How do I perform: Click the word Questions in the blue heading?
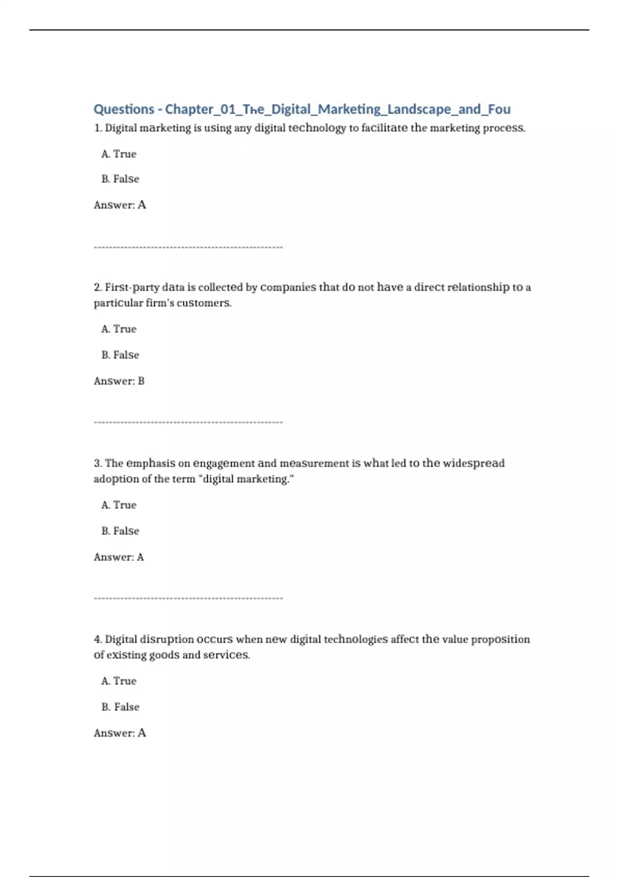coord(124,109)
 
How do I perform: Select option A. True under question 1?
coord(119,154)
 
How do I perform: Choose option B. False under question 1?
coord(120,179)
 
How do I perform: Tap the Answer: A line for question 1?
coord(120,205)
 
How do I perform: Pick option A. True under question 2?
coord(119,329)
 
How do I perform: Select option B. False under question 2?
coord(120,355)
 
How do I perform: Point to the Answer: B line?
coord(119,381)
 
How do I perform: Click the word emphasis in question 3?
coord(151,463)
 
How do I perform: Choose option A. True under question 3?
coord(119,505)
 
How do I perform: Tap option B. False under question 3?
coord(120,531)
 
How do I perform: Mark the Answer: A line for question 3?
coord(119,557)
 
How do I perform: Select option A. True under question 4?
coord(119,681)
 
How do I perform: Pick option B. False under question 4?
coord(120,707)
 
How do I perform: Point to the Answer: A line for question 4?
coord(120,733)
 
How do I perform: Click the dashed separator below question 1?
coord(188,247)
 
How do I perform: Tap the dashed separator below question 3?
coord(188,598)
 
